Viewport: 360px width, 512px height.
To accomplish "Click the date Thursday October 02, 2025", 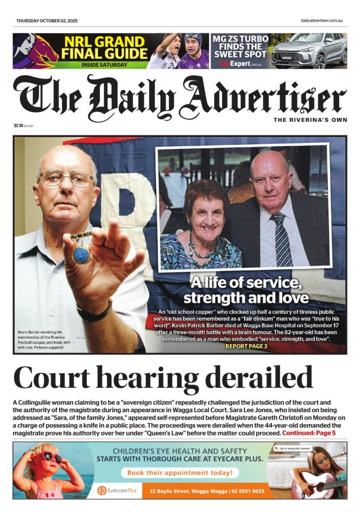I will click(47, 21).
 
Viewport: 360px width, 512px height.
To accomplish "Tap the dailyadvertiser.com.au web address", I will click(322, 21).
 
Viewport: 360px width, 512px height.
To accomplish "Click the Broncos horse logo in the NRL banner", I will click(35, 50).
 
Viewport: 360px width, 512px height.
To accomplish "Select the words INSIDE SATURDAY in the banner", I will click(104, 65).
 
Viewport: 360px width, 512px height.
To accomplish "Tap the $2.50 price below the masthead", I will click(19, 126).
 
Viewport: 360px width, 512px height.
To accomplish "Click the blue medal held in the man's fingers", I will click(81, 255).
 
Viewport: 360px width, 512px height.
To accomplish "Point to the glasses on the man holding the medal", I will click(66, 179).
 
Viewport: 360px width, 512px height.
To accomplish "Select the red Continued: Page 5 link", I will click(309, 433).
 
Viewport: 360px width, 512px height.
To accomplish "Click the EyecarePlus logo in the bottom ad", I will click(117, 491).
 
